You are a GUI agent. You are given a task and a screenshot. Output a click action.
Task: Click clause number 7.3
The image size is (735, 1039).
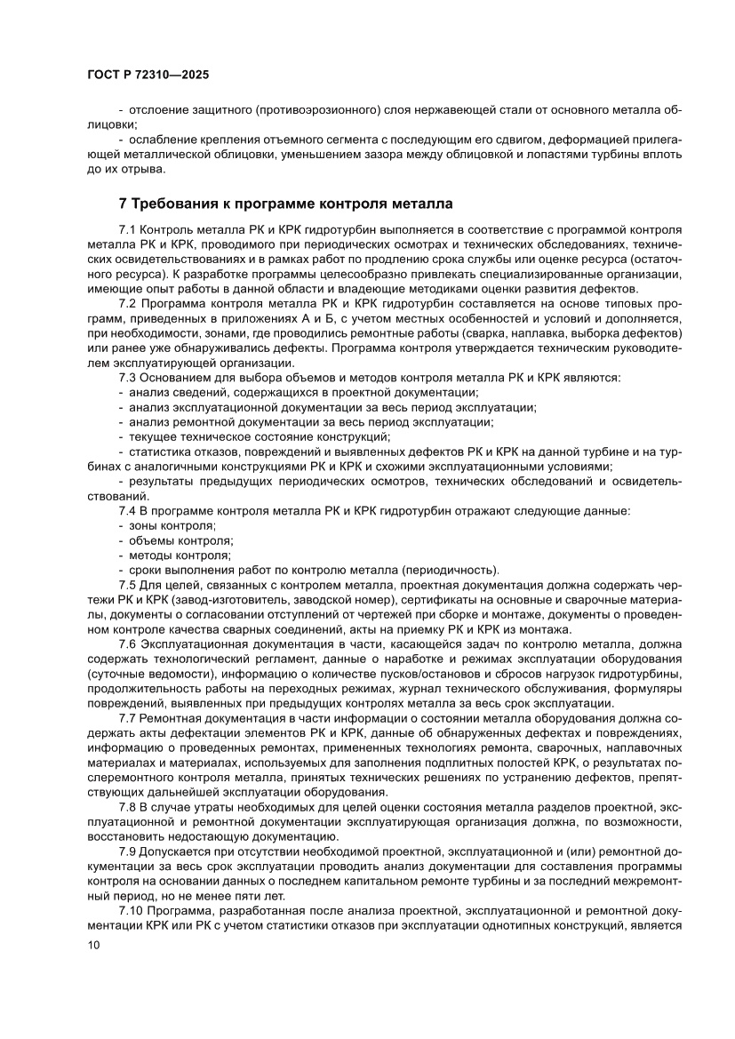(128, 378)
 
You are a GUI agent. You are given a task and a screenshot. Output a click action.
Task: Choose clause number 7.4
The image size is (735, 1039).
(128, 511)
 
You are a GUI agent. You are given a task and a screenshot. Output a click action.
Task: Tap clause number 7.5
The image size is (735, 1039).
(128, 585)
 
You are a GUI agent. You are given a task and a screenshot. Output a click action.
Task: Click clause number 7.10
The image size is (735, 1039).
(131, 908)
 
